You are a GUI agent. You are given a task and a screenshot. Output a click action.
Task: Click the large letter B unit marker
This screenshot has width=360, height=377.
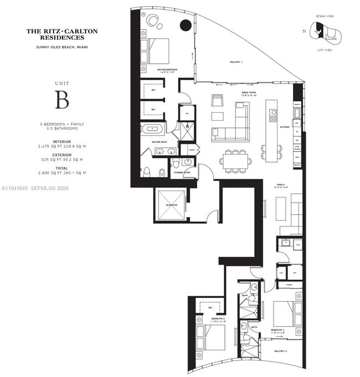[x=62, y=100]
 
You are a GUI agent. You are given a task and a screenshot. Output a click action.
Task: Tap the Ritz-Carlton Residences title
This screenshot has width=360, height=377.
[x=62, y=34]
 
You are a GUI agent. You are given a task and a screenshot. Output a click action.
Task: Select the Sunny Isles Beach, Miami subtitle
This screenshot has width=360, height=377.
[x=62, y=48]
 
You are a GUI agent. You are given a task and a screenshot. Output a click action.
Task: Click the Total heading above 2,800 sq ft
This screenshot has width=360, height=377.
[x=62, y=168]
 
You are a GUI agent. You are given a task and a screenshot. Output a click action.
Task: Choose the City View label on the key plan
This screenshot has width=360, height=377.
[x=323, y=50]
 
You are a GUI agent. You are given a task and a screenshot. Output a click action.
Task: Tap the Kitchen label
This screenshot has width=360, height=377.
[x=285, y=127]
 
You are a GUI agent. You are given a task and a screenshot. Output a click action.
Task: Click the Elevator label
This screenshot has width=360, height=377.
[x=171, y=205]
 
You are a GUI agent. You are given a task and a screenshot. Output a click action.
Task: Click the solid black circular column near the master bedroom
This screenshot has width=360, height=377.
[x=186, y=24]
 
